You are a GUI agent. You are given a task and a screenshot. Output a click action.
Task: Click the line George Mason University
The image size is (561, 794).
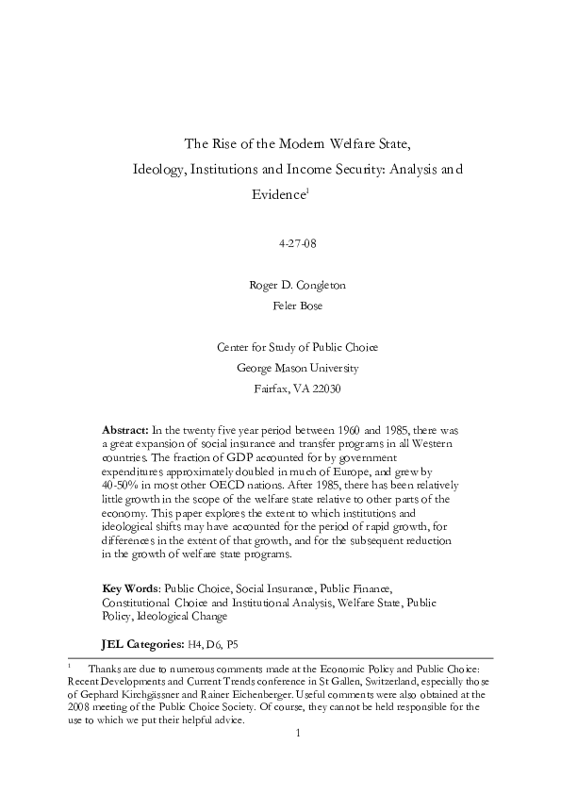297,368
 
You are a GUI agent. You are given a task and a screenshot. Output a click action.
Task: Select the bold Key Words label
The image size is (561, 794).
129,587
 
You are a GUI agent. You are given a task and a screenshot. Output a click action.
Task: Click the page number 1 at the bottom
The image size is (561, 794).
296,733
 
